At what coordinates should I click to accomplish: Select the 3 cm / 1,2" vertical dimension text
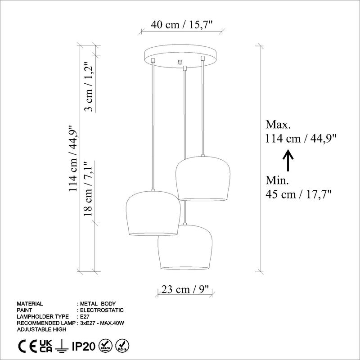(x=90, y=88)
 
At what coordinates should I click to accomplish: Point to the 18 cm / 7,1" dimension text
(x=90, y=189)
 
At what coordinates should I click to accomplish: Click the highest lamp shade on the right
(x=203, y=178)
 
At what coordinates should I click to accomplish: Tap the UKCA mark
(x=46, y=346)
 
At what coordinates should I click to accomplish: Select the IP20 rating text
(x=83, y=346)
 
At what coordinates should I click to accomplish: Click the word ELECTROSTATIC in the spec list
(x=101, y=310)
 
